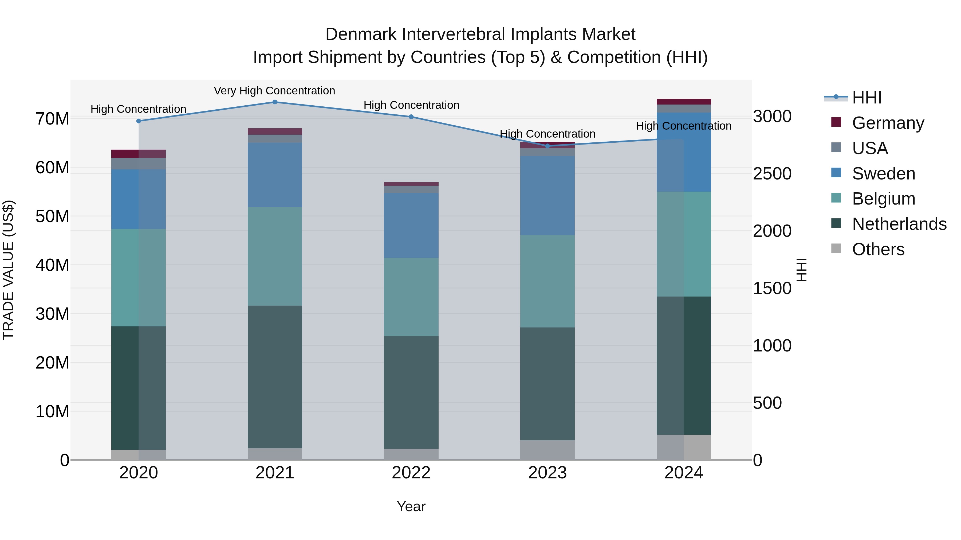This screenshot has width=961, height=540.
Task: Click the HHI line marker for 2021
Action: [x=275, y=102]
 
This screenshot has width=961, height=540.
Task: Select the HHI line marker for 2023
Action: [x=547, y=146]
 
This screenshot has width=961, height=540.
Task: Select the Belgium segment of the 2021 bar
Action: [x=275, y=256]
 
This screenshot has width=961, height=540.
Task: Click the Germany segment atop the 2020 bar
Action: [x=138, y=154]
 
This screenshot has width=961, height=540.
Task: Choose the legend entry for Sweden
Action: [x=883, y=174]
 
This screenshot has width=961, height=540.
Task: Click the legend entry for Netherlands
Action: [x=899, y=224]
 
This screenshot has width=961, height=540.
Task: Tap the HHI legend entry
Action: [x=867, y=98]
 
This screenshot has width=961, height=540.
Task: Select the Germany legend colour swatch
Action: [x=836, y=122]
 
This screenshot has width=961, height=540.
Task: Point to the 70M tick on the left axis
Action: [x=52, y=119]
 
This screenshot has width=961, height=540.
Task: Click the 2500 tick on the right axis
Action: [x=772, y=174]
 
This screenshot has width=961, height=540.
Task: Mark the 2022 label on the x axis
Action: [x=411, y=473]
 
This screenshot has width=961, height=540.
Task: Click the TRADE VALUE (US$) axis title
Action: [x=8, y=270]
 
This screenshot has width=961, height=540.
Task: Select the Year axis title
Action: [x=411, y=506]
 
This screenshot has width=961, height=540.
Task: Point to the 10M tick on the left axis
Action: [x=52, y=411]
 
